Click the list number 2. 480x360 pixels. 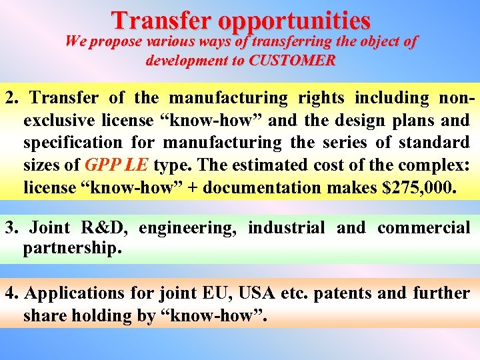pyautogui.click(x=10, y=98)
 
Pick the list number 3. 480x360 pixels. pyautogui.click(x=10, y=227)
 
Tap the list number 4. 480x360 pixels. pyautogui.click(x=10, y=293)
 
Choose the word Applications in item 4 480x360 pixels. pyautogui.click(x=72, y=293)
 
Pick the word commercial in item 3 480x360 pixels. pyautogui.click(x=423, y=227)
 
